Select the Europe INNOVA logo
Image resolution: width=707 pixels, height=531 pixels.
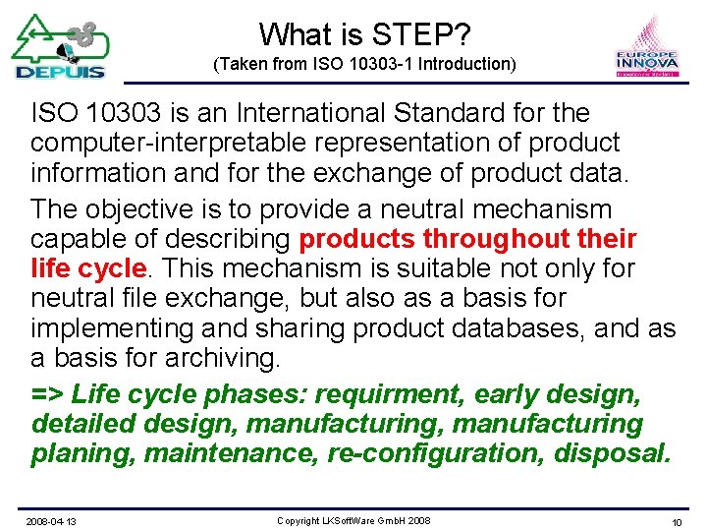click(x=646, y=49)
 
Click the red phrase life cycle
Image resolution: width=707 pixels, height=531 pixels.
click(x=88, y=269)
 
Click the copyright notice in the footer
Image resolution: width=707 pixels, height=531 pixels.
click(x=353, y=520)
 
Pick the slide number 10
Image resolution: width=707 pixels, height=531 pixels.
click(x=677, y=520)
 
